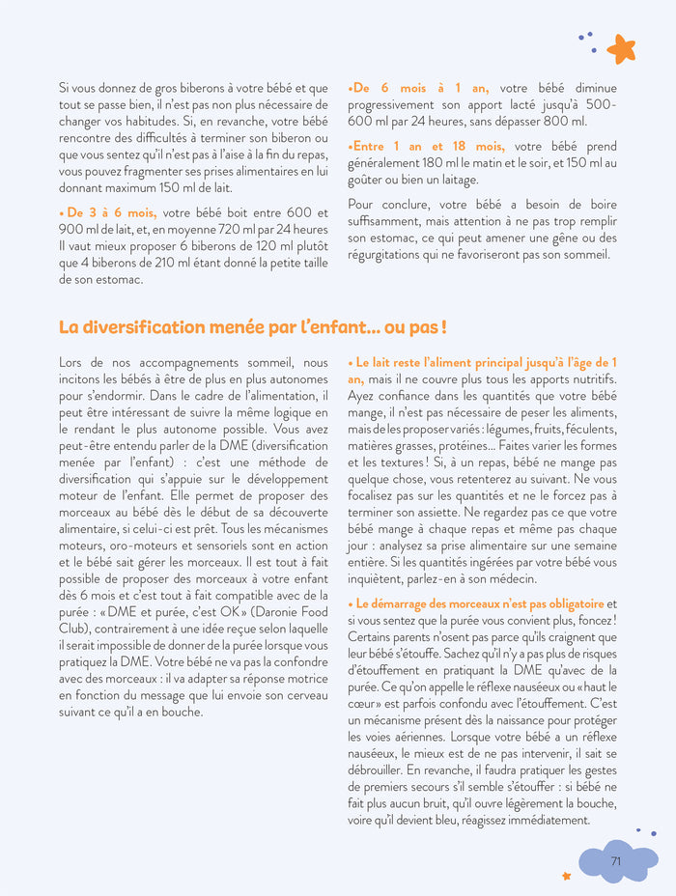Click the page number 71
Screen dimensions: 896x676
(x=615, y=860)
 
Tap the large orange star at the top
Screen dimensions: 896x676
(x=621, y=48)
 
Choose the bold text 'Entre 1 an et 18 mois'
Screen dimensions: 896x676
(x=429, y=147)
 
